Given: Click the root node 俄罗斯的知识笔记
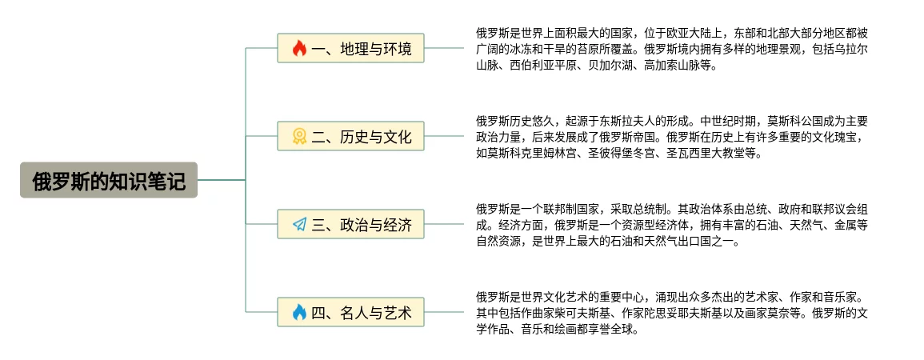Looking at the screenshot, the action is (x=109, y=181).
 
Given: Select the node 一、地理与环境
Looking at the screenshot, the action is (x=350, y=49).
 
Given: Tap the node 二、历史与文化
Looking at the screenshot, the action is (x=350, y=137).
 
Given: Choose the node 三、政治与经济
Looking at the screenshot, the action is (x=350, y=225).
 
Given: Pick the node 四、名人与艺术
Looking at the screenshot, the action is (x=350, y=312).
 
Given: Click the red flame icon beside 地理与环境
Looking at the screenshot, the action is (x=299, y=49).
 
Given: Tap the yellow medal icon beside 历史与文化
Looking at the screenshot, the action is (x=299, y=137).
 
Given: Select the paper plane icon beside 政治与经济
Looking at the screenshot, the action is (x=299, y=225).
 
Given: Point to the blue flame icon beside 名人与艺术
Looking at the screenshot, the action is (x=299, y=312).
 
